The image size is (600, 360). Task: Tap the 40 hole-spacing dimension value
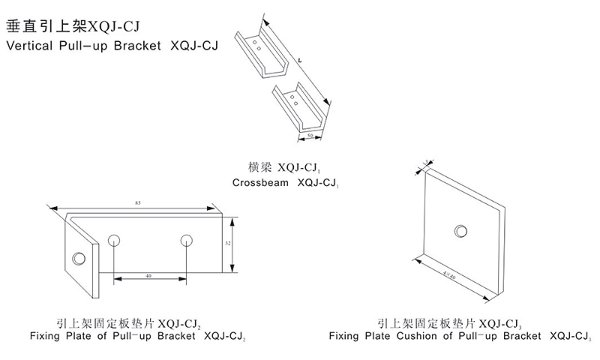pyautogui.click(x=148, y=276)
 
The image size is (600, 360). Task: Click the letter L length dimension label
pyautogui.click(x=299, y=58)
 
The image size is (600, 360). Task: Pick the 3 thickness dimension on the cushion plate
pyautogui.click(x=424, y=161)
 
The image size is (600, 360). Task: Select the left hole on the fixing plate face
pyautogui.click(x=114, y=240)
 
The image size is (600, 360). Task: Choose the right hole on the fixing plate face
pyautogui.click(x=186, y=240)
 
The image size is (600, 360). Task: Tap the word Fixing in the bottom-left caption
pyautogui.click(x=46, y=337)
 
